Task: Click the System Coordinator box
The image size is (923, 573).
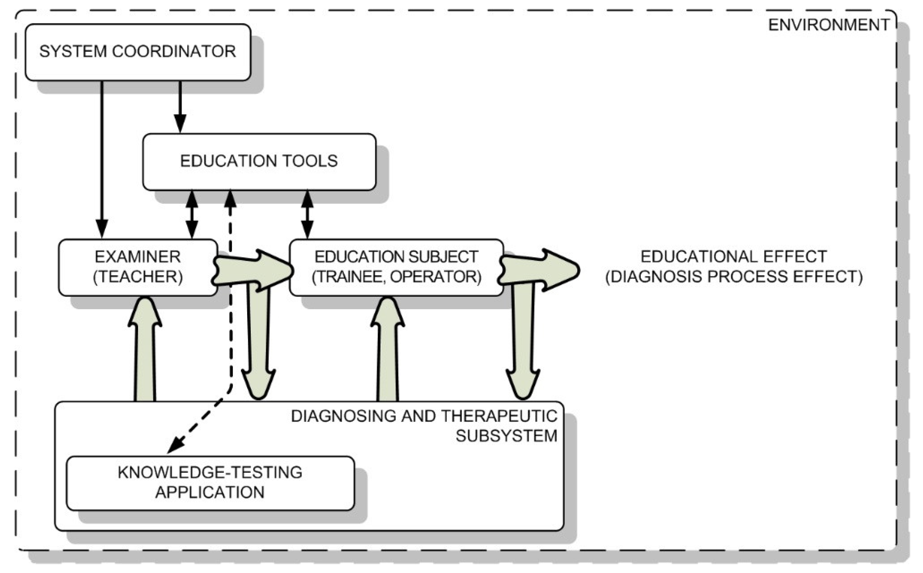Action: point(138,52)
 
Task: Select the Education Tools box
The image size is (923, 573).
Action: point(259,162)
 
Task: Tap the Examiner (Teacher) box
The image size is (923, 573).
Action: point(138,267)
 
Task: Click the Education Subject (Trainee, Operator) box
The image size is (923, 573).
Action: point(396,267)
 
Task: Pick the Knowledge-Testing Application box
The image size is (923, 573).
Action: point(210,483)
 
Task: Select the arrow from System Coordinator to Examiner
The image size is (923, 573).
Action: point(102,159)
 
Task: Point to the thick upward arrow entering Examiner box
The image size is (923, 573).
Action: point(145,353)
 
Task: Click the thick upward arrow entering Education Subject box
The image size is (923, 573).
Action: point(387,353)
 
